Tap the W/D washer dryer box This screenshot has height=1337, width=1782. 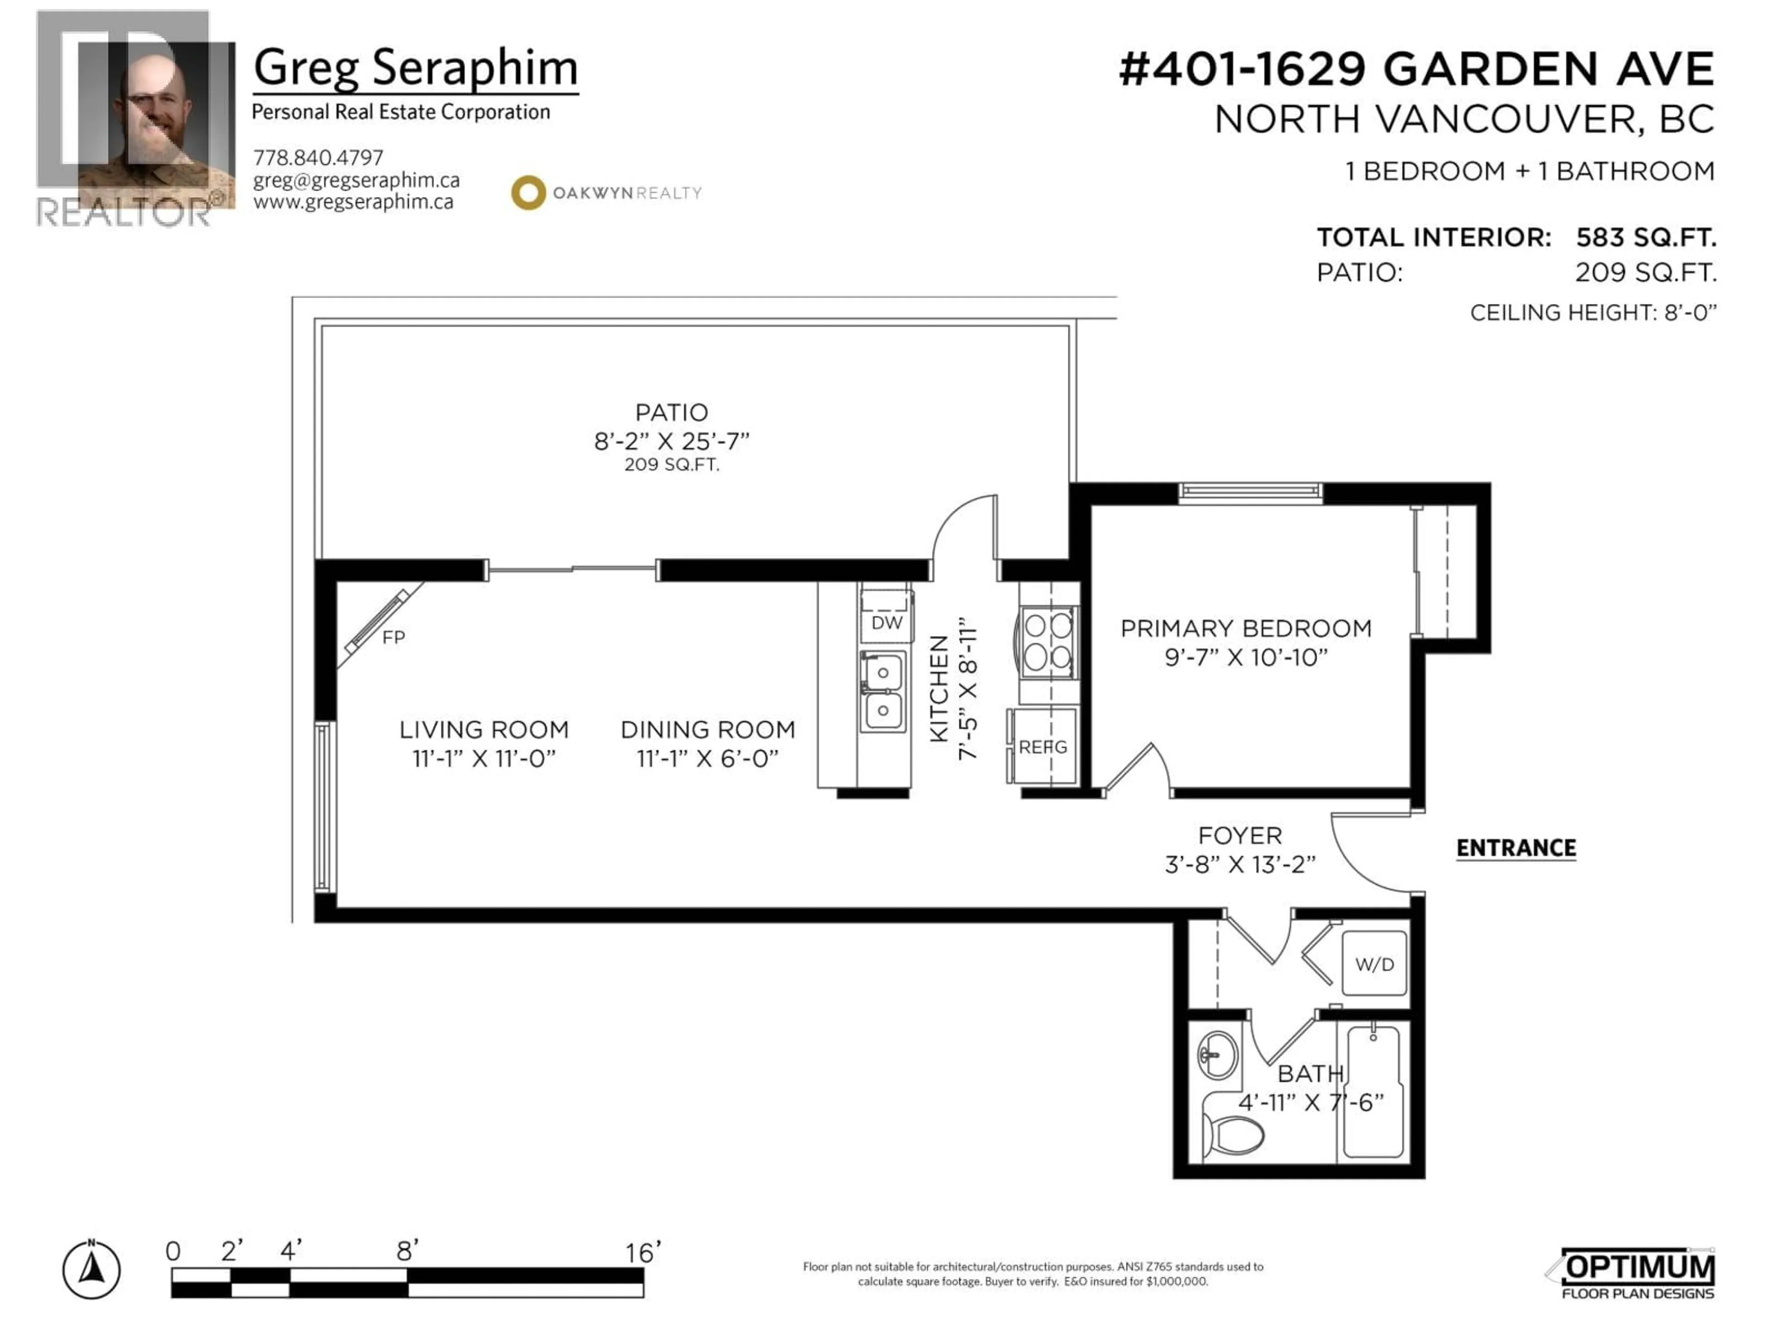[x=1375, y=964]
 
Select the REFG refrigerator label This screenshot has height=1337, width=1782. [x=1042, y=747]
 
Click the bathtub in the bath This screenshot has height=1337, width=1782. [x=1373, y=1091]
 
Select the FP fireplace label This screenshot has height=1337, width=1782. [x=393, y=637]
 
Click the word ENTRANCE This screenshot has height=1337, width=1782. [x=1515, y=848]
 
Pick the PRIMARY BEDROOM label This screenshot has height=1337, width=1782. [x=1246, y=629]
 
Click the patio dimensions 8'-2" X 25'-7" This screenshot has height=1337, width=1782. [x=671, y=441]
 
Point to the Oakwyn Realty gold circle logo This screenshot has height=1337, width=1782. [x=529, y=193]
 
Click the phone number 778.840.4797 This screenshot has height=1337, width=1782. [x=318, y=157]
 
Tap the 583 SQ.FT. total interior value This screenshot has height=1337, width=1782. [x=1646, y=238]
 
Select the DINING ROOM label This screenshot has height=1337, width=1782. [x=707, y=729]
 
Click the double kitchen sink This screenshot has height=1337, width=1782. [x=883, y=691]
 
